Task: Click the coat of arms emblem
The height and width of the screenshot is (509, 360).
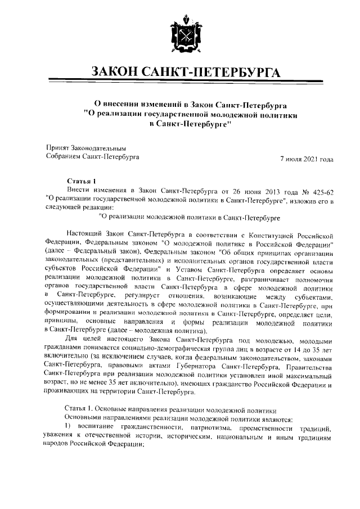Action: coord(179,37)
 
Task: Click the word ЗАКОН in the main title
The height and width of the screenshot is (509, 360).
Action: coord(118,73)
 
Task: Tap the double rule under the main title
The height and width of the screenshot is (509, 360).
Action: coord(179,85)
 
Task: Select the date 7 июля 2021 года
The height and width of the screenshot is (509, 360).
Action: coord(307,159)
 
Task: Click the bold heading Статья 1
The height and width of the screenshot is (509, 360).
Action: coord(82,181)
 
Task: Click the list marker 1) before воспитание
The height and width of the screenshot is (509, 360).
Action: coord(71,427)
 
